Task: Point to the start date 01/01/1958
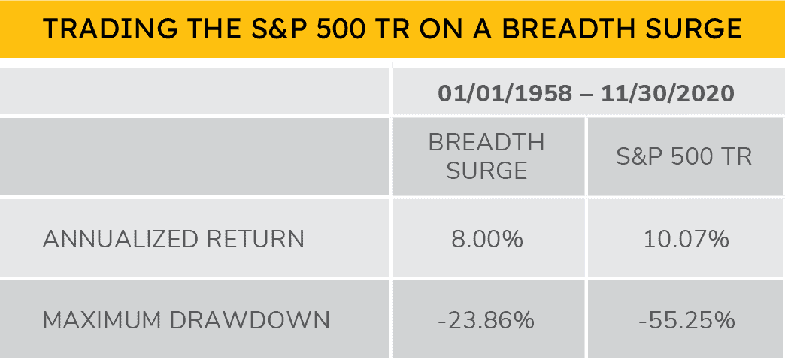tap(499, 94)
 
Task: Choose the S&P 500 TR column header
tap(684, 156)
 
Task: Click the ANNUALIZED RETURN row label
tap(174, 239)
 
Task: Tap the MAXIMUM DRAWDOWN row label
tap(186, 320)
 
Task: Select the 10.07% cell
tap(686, 239)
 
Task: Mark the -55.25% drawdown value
tap(686, 320)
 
